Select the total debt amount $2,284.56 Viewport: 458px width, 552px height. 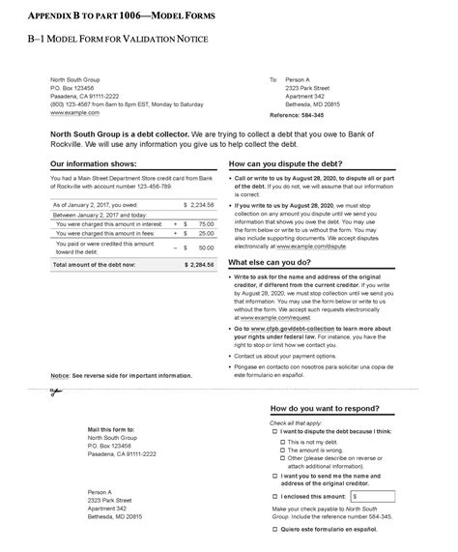pos(200,263)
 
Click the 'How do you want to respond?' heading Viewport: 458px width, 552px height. pos(325,409)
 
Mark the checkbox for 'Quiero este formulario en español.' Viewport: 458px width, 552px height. pos(275,530)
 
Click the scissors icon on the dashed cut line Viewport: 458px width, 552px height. pos(56,392)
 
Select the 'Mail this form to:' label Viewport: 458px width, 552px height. pos(111,428)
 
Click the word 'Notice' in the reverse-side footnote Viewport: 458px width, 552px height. pos(60,375)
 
